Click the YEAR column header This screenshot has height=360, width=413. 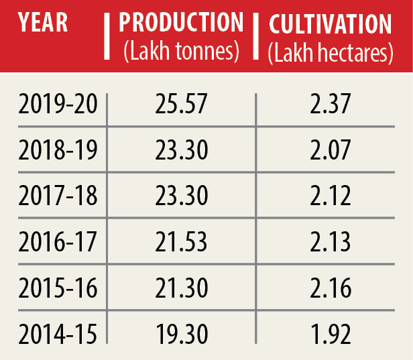[x=43, y=23]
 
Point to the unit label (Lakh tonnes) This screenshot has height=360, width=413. [x=181, y=52]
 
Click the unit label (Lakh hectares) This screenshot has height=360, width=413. [x=330, y=54]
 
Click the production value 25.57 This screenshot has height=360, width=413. [x=181, y=105]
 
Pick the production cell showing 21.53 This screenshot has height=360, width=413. [x=181, y=241]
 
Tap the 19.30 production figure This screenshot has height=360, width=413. [x=181, y=333]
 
